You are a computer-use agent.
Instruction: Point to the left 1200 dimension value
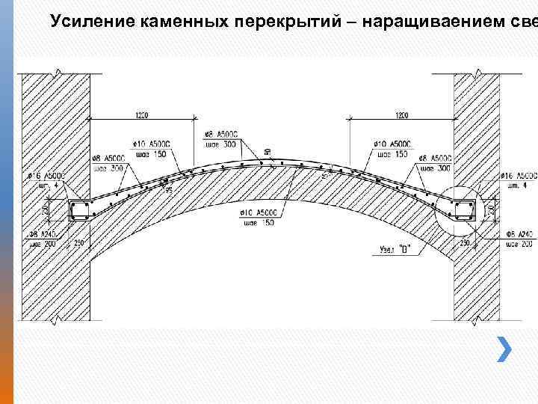click(x=141, y=115)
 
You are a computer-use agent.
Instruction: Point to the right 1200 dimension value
click(x=402, y=115)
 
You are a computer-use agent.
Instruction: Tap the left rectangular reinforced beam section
click(x=79, y=210)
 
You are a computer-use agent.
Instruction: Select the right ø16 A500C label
click(x=517, y=175)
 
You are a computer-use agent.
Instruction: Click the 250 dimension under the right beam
click(x=465, y=242)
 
